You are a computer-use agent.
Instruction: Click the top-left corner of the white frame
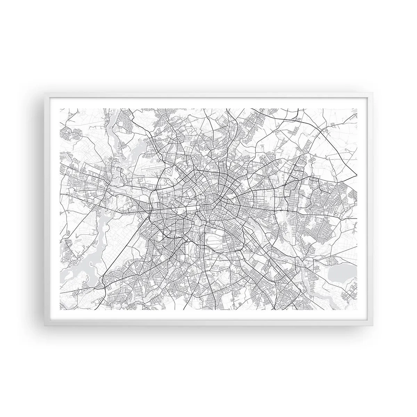coord(45,93)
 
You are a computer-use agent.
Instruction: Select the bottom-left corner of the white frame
coord(45,325)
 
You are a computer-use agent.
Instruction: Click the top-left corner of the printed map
coord(60,108)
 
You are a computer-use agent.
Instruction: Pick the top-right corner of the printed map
coord(357,108)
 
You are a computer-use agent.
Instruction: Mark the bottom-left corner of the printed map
coord(60,310)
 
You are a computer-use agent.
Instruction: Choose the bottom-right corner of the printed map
coord(357,310)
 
